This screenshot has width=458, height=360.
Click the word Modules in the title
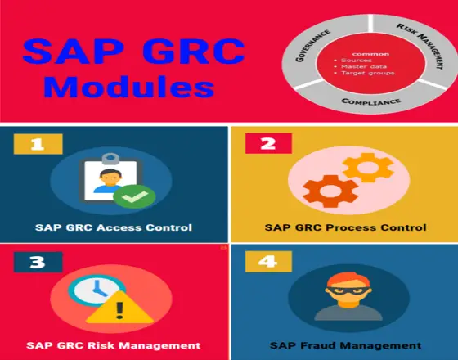click(129, 87)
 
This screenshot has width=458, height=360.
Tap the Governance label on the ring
click(312, 45)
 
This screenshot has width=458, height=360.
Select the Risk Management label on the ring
click(420, 45)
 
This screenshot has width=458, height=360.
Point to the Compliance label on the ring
click(370, 101)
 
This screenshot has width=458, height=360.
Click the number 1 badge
click(38, 144)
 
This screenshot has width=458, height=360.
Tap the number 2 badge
click(268, 143)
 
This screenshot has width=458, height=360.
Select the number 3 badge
click(38, 262)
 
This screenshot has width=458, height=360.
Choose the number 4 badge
click(268, 261)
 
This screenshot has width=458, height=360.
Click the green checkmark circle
click(134, 196)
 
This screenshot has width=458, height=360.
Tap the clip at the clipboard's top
click(110, 159)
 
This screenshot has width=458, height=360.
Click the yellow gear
click(368, 168)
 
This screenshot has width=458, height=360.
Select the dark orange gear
click(330, 191)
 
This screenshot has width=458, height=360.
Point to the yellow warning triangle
click(119, 308)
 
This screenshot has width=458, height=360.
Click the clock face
click(97, 290)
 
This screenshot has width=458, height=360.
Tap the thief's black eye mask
click(348, 291)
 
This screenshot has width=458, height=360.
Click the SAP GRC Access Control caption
click(114, 227)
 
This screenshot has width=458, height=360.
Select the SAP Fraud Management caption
click(345, 345)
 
